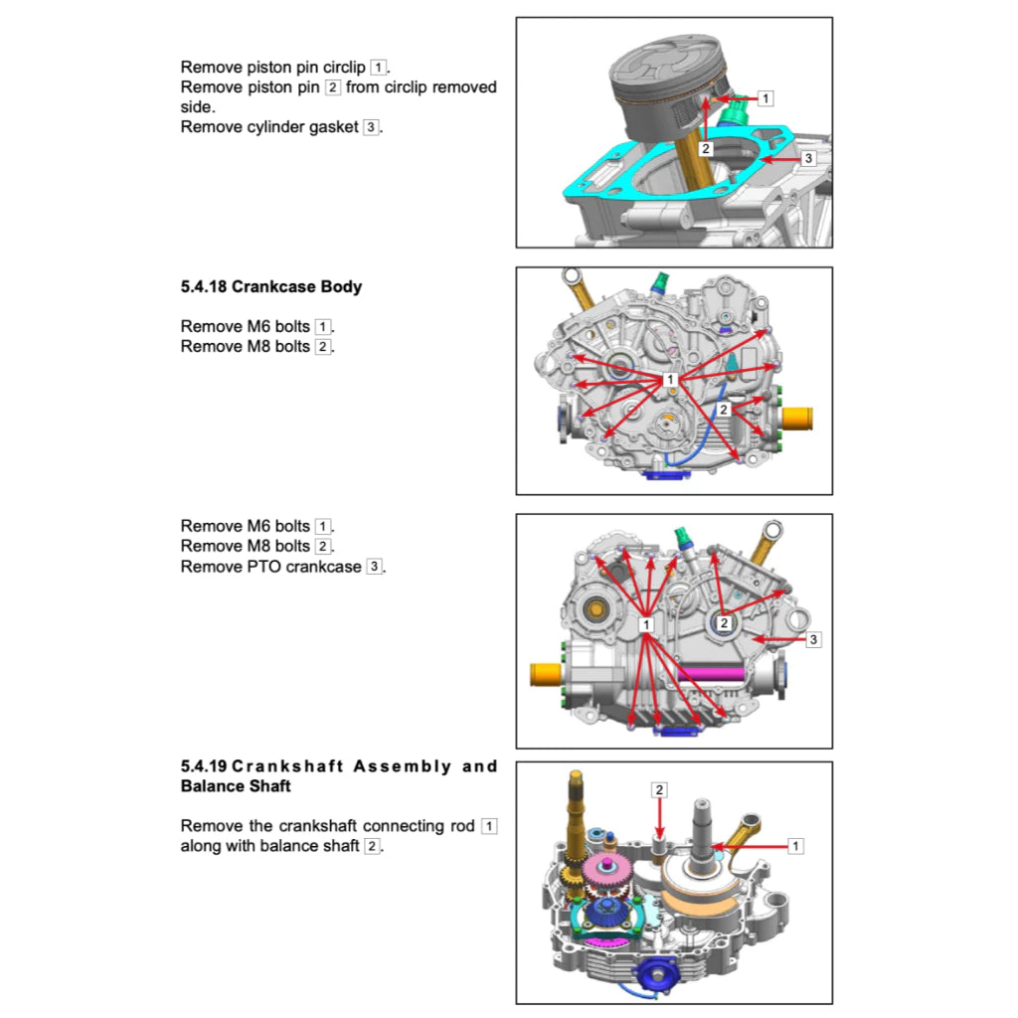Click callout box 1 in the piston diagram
coord(764,98)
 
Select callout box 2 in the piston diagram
coord(705,148)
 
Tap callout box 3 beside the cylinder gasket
coord(808,158)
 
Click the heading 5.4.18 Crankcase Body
coord(271,287)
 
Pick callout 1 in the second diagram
coord(670,380)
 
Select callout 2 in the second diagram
coord(725,410)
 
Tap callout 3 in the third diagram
coord(813,639)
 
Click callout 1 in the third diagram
coord(646,623)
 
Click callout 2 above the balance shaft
coord(659,789)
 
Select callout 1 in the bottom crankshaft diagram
coord(795,846)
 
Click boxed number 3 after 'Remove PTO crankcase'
coord(373,567)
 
